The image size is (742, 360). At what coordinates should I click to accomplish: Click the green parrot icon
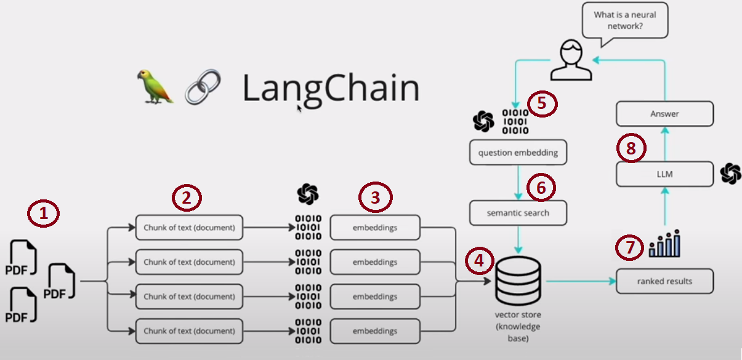(x=155, y=86)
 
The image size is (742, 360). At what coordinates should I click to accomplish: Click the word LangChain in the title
(x=331, y=87)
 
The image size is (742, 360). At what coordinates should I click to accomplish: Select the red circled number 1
(x=44, y=215)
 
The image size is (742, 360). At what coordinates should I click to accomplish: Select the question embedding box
(x=518, y=153)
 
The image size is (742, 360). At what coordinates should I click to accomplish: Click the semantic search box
(x=518, y=213)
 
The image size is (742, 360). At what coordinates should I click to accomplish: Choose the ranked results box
(x=665, y=281)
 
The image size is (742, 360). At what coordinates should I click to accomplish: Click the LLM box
(x=665, y=174)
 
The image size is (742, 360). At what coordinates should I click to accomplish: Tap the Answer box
(x=665, y=114)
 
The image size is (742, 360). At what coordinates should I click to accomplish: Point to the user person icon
(x=571, y=60)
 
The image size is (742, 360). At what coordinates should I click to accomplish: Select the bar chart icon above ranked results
(x=664, y=244)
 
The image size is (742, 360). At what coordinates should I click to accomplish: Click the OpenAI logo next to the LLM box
(x=731, y=174)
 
